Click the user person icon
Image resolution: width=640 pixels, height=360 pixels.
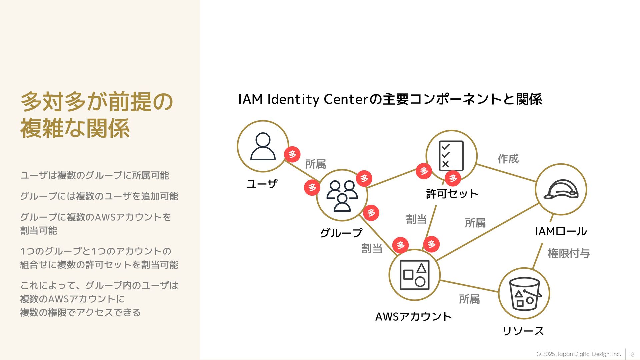pos(263,147)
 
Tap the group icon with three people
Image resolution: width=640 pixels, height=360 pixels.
pos(342,196)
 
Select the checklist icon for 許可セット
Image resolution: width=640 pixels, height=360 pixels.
pos(451,156)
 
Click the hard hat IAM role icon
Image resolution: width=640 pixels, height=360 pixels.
pos(561,189)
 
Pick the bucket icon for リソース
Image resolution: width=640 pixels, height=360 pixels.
pos(524,294)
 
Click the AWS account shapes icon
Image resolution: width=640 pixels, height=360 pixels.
pos(414,275)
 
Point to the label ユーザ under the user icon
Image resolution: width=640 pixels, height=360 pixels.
pos(262,184)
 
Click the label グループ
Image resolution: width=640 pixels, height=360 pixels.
pos(341,233)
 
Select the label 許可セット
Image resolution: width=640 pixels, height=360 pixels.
pos(452,194)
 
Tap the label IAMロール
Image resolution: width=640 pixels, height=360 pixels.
pos(561,231)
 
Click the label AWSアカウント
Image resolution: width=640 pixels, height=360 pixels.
pos(413,316)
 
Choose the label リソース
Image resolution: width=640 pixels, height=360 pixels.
pos(523,331)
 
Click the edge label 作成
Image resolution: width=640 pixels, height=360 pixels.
pos(508,159)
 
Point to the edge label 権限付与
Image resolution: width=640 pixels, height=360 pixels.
pos(569,253)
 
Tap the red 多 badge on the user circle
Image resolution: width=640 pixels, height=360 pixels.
pos(292,154)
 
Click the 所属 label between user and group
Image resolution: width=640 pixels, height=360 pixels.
pos(315,164)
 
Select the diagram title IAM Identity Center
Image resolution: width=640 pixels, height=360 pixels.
pos(390,99)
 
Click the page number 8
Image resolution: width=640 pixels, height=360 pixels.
pos(632,354)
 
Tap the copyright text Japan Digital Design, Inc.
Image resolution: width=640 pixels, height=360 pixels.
pos(578,354)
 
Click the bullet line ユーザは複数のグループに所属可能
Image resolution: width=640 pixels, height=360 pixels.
pos(95,175)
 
